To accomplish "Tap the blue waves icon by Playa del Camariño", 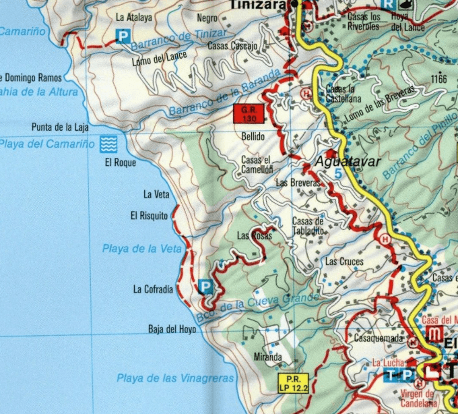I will point(108,144).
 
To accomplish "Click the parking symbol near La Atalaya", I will point(123,36).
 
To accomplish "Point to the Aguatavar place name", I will point(348,162).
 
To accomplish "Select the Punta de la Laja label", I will point(59,127).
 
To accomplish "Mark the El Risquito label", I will point(148,216).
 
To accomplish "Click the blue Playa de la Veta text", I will point(142,249).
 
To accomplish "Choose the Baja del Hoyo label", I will point(172,329).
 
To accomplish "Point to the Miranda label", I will point(267,356).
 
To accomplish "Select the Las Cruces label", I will point(343,261).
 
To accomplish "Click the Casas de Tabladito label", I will point(308,225).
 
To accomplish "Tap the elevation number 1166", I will point(439,79).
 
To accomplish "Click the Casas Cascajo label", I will point(232,46).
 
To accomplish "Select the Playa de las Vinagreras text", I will point(174,378).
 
